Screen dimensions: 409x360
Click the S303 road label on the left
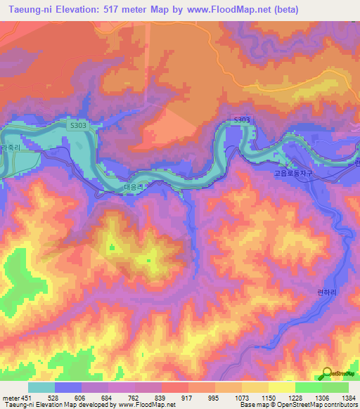79,124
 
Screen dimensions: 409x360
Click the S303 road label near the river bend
241,121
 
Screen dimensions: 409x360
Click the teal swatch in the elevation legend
41,387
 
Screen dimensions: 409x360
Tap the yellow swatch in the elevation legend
281,387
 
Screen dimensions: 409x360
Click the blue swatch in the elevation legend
68,387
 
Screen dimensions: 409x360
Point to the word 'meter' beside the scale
10,398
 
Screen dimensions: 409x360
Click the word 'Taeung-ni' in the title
29,10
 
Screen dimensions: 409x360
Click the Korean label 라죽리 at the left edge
11,149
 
